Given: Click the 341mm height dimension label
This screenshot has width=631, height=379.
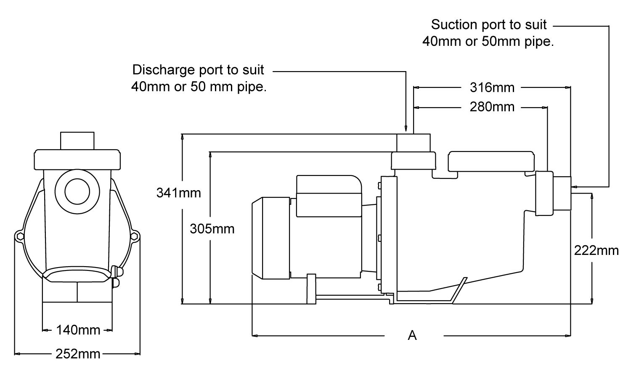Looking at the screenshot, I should (178, 193).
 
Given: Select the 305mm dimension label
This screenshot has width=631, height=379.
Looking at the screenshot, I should (212, 229).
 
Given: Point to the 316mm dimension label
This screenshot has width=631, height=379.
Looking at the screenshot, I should (492, 87).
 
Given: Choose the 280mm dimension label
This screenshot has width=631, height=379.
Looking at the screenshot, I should (492, 107).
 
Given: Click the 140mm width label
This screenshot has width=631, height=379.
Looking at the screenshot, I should (78, 330).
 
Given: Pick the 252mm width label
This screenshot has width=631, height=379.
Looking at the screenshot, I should (78, 354).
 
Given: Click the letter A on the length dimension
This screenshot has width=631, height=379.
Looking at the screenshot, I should (412, 335).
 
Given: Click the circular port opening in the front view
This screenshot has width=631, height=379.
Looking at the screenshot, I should (77, 191).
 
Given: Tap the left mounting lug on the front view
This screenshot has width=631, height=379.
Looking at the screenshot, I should (19, 236).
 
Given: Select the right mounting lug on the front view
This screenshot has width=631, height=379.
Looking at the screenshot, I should (135, 236).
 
